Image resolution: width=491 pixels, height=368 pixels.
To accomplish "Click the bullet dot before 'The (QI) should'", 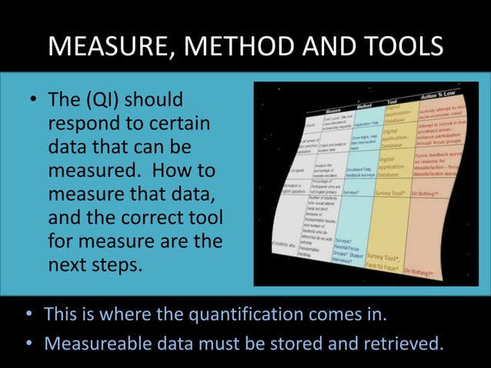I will tap(34, 101).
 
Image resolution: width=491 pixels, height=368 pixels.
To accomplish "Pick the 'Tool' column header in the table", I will tap(392, 100).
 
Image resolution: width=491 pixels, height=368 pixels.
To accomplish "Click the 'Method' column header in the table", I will tap(364, 103).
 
